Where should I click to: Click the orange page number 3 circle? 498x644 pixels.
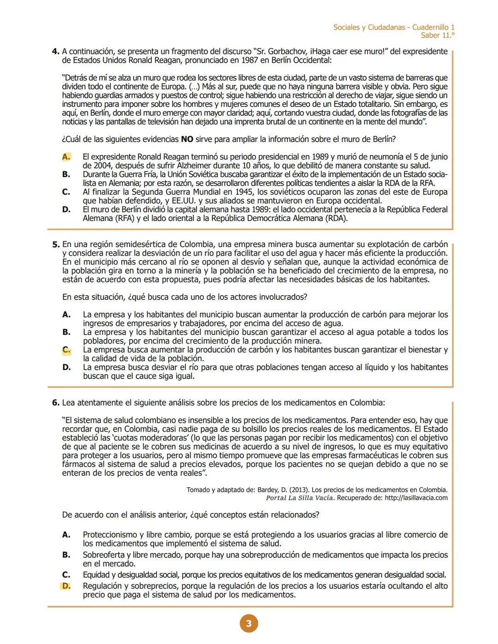pyautogui.click(x=249, y=624)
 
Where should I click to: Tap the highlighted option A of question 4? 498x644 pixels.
pyautogui.click(x=66, y=157)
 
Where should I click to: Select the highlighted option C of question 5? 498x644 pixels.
pyautogui.click(x=66, y=350)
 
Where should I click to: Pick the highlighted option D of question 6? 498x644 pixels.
pyautogui.click(x=66, y=586)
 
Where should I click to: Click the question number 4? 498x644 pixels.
pyautogui.click(x=55, y=52)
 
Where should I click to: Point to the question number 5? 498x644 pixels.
pyautogui.click(x=55, y=244)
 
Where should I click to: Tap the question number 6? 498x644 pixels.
pyautogui.click(x=55, y=403)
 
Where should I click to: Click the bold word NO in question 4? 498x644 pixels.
pyautogui.click(x=187, y=139)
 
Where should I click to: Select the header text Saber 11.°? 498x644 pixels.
pyautogui.click(x=437, y=35)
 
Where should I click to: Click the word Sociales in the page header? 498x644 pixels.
pyautogui.click(x=346, y=27)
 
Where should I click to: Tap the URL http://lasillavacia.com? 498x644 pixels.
pyautogui.click(x=416, y=498)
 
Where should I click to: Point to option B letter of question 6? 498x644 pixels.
pyautogui.click(x=66, y=555)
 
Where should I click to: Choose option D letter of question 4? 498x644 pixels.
pyautogui.click(x=66, y=210)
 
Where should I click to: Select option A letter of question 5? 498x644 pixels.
pyautogui.click(x=66, y=315)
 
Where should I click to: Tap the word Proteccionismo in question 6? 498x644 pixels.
pyautogui.click(x=110, y=535)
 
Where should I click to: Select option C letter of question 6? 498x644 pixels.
pyautogui.click(x=66, y=575)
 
